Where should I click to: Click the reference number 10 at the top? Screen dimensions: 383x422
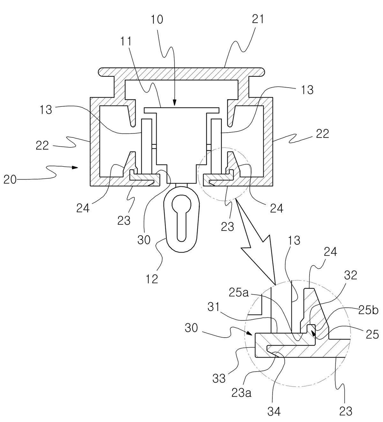click(157, 20)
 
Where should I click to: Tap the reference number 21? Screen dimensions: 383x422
click(258, 20)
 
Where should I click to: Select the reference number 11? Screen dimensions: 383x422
click(126, 41)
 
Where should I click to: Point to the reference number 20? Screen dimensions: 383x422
click(10, 180)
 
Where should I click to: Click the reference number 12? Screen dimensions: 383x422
click(152, 279)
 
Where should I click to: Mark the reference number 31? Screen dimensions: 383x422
click(214, 308)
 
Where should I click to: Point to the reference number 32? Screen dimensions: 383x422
click(350, 275)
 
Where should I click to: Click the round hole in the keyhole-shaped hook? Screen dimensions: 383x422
click(182, 203)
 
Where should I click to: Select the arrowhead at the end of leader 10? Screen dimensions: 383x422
click(174, 103)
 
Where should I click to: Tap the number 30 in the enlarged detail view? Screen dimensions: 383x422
click(191, 328)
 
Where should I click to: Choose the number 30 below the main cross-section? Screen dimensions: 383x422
click(144, 239)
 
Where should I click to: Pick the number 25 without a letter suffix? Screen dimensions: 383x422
click(372, 334)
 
